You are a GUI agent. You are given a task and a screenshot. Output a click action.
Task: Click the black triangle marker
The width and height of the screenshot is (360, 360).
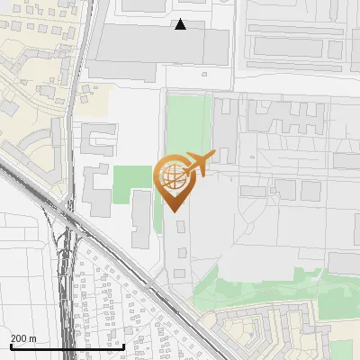[x=181, y=24]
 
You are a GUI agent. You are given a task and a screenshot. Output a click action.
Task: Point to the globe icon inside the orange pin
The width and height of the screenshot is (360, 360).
[x=170, y=176]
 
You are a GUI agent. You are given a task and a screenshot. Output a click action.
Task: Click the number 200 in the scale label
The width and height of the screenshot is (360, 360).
[x=18, y=338]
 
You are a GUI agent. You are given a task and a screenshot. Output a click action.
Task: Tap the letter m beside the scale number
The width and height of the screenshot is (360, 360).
[x=32, y=338]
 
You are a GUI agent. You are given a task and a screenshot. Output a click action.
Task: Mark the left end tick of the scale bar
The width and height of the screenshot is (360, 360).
[x=11, y=346]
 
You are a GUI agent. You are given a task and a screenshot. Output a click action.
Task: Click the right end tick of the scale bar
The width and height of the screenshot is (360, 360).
[x=123, y=346]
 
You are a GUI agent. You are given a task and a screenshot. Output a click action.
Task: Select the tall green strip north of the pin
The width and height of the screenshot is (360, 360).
[x=187, y=127]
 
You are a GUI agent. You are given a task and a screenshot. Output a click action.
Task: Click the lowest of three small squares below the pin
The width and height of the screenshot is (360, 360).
[x=180, y=272]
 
